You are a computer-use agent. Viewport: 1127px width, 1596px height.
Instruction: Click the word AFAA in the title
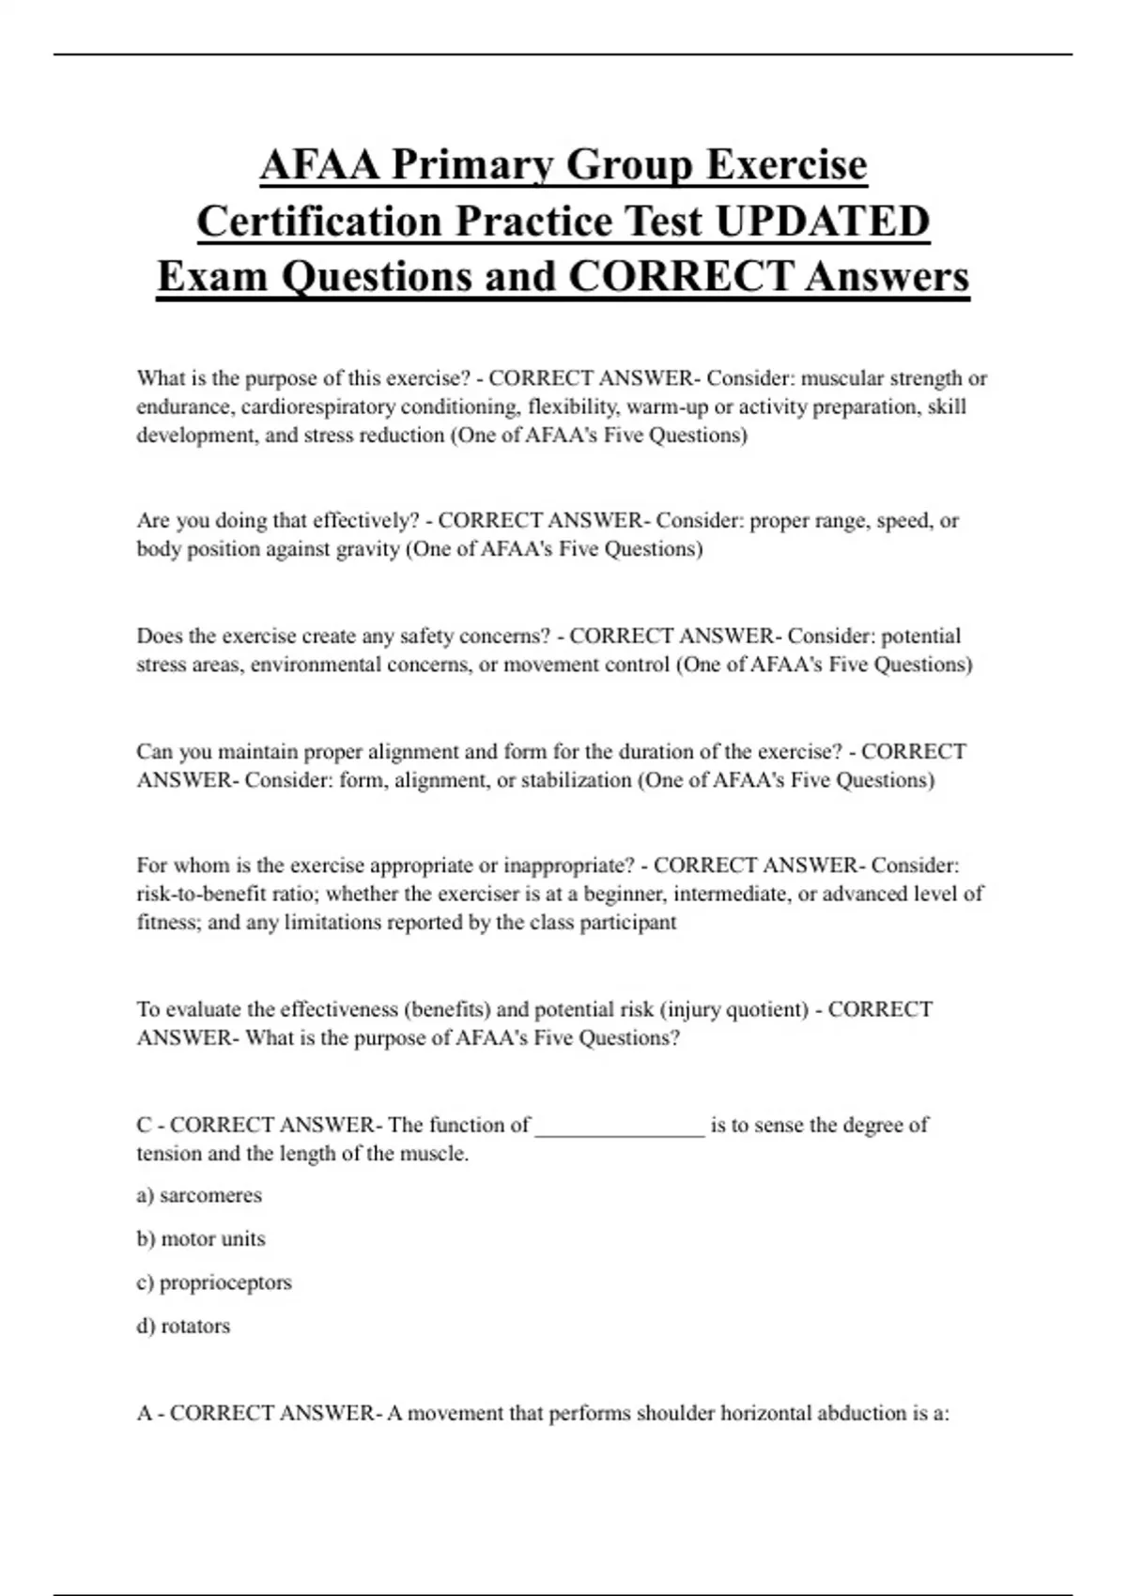[319, 165]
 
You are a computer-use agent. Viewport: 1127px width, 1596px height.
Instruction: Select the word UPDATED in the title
[823, 222]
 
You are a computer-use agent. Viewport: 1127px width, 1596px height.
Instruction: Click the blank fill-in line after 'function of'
[620, 1126]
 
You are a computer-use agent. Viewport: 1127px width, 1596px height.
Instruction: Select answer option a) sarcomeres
[199, 1195]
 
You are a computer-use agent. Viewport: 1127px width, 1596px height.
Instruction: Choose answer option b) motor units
[201, 1239]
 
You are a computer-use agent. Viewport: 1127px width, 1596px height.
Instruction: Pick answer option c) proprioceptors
[214, 1282]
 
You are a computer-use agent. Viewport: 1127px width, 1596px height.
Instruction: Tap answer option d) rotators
[183, 1326]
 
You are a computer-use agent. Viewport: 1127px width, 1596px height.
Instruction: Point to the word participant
[627, 923]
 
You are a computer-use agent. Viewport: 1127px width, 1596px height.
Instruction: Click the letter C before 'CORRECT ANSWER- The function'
[145, 1125]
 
